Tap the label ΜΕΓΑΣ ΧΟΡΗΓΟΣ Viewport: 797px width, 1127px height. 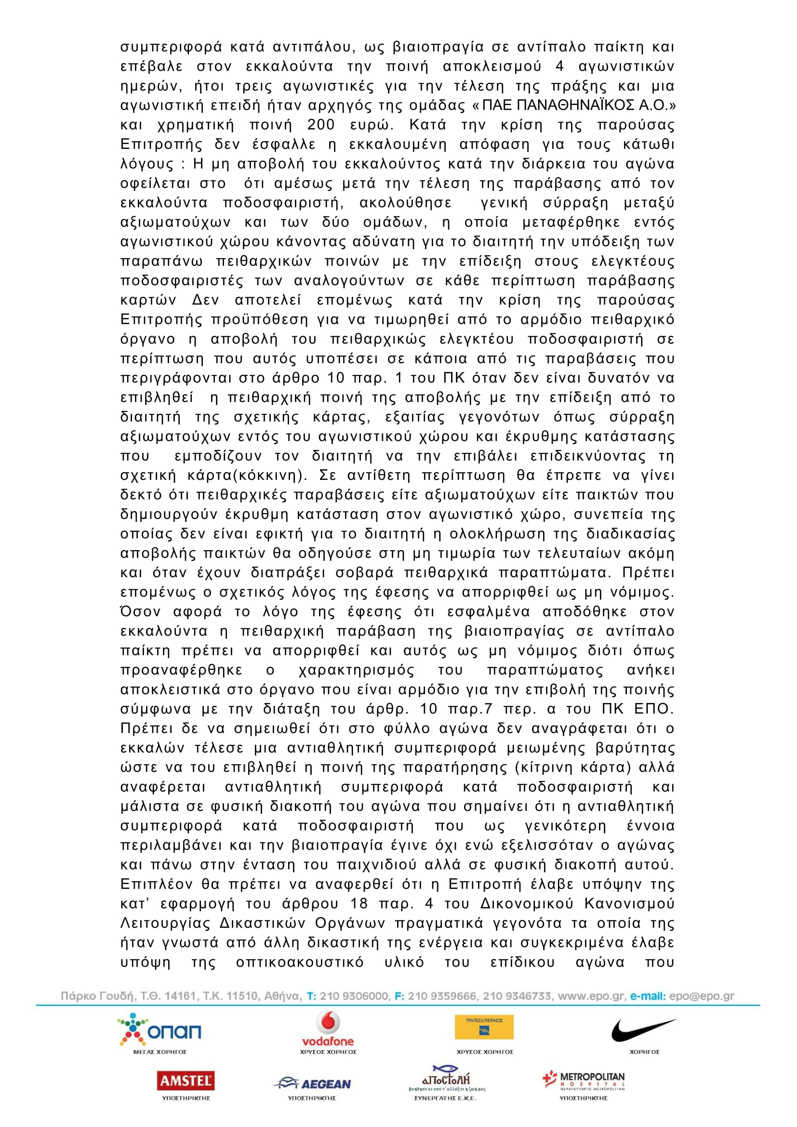(160, 1052)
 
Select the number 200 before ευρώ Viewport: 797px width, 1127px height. (321, 125)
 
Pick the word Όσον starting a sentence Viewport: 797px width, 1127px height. (140, 612)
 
